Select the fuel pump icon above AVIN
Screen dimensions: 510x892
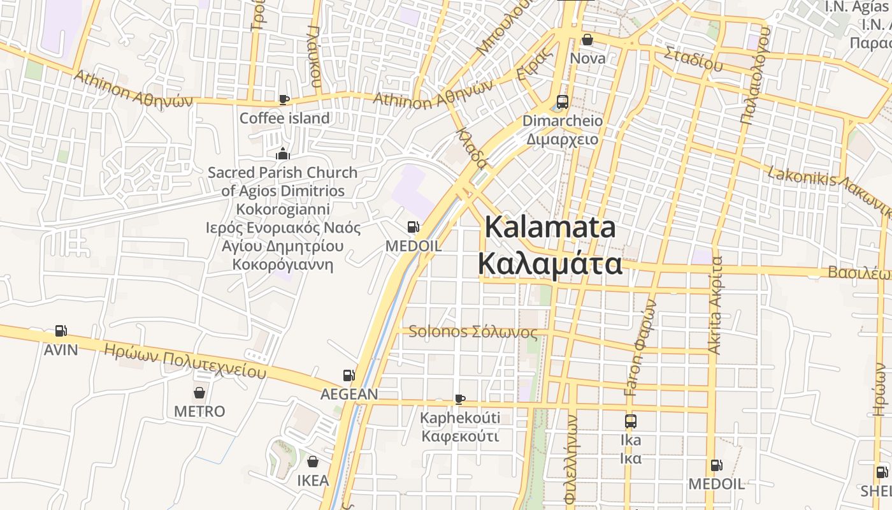click(61, 331)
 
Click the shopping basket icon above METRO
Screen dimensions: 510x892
click(199, 392)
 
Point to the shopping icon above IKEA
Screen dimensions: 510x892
click(313, 461)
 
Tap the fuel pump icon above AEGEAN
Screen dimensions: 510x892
click(349, 375)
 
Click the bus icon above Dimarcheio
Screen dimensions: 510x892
click(563, 101)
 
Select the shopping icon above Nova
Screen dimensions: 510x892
click(587, 40)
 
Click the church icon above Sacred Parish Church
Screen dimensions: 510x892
click(283, 154)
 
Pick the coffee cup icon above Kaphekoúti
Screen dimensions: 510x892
click(460, 400)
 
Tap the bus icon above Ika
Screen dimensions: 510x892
click(631, 421)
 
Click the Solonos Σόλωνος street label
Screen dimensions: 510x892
click(473, 331)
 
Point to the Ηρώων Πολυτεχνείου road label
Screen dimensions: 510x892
click(185, 361)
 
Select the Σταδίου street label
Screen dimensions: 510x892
click(693, 59)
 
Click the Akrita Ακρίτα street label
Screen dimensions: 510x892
click(716, 305)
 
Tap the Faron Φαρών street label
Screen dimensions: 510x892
click(640, 347)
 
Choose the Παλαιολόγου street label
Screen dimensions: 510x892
click(756, 75)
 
